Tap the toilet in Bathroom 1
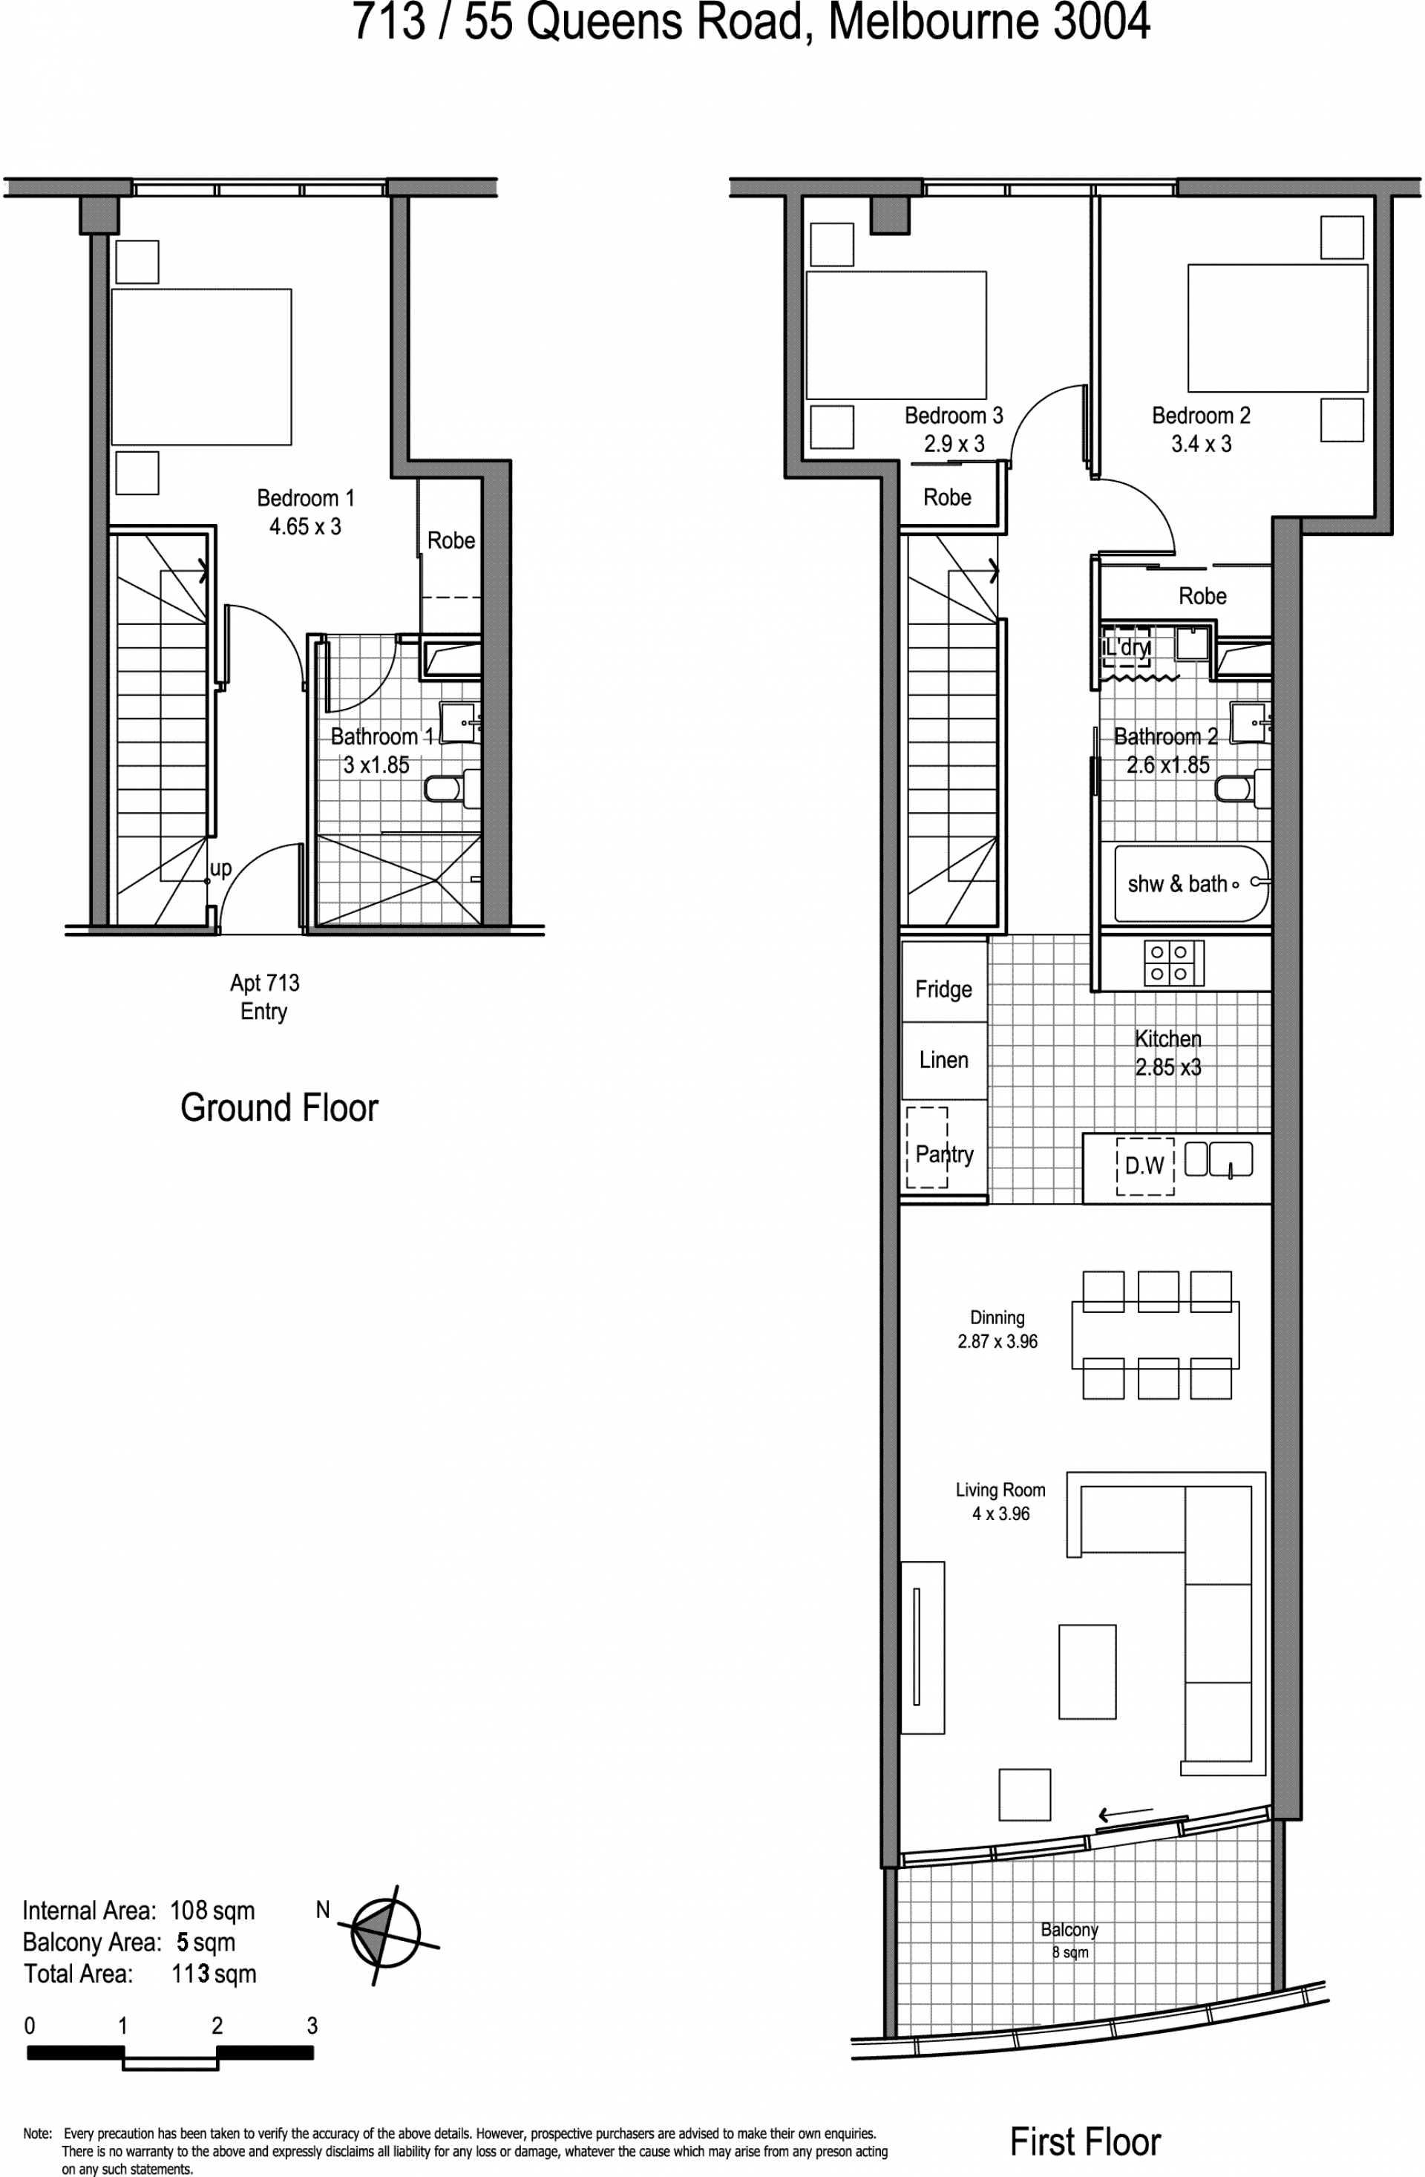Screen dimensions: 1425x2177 tap(453, 788)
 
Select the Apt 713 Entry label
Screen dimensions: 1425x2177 tap(264, 997)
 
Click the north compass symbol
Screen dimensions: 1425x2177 tap(386, 1934)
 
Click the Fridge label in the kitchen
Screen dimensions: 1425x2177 tap(943, 989)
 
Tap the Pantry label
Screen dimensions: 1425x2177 tap(945, 1154)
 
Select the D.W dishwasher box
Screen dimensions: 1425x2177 tap(1144, 1165)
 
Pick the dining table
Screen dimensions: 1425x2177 tap(1155, 1335)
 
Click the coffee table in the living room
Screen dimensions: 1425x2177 tap(1087, 1672)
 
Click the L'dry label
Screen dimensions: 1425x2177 tap(1127, 648)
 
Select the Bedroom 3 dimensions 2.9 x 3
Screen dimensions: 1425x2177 tap(954, 444)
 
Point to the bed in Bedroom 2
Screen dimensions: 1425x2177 tap(1277, 328)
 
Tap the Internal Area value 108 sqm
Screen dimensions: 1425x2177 tap(212, 1911)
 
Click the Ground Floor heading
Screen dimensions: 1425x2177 tap(279, 1107)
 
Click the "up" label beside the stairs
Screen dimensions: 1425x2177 tap(220, 868)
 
